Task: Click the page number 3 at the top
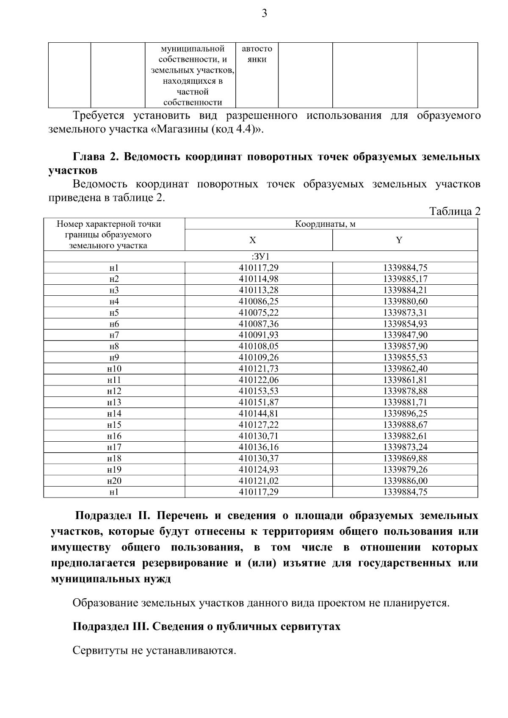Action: coord(265,14)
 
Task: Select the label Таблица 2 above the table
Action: coord(455,211)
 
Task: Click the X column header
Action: coord(252,240)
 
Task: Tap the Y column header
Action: coord(399,240)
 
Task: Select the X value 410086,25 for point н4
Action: coord(259,301)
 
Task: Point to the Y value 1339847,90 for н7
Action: coord(405,335)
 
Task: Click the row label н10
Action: coord(114,369)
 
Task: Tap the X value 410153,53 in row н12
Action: coord(259,391)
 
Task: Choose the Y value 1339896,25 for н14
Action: coord(405,413)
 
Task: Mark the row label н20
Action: coord(114,481)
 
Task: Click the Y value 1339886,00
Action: coord(405,481)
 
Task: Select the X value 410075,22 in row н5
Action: coord(259,313)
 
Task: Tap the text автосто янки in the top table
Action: coord(257,54)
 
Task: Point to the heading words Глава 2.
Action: coord(94,157)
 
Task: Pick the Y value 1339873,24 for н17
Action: coord(405,447)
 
